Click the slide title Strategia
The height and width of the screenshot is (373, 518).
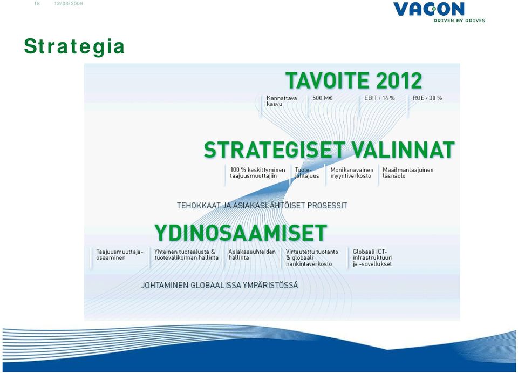click(74, 46)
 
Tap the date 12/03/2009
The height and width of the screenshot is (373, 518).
click(69, 4)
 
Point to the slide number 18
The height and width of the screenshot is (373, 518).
click(37, 4)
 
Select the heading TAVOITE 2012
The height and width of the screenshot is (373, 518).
click(354, 80)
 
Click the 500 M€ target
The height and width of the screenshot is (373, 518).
click(323, 98)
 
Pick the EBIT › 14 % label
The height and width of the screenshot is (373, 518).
click(379, 98)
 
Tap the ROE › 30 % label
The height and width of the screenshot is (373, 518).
click(427, 98)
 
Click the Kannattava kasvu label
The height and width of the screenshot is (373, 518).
click(282, 101)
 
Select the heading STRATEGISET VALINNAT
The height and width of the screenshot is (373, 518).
click(329, 150)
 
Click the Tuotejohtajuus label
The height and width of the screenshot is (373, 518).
click(307, 173)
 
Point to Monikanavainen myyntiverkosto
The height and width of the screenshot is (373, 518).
click(352, 173)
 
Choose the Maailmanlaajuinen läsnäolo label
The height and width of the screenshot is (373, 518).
click(408, 173)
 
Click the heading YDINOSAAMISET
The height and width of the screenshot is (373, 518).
click(241, 233)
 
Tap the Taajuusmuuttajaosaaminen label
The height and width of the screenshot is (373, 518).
click(120, 255)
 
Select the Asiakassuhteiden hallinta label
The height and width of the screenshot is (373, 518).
click(252, 255)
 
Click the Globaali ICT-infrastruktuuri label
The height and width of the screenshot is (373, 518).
click(373, 257)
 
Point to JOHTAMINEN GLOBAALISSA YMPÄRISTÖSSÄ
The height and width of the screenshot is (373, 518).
click(220, 285)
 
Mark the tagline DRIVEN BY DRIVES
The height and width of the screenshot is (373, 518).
click(459, 21)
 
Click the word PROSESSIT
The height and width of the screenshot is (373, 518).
click(327, 206)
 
